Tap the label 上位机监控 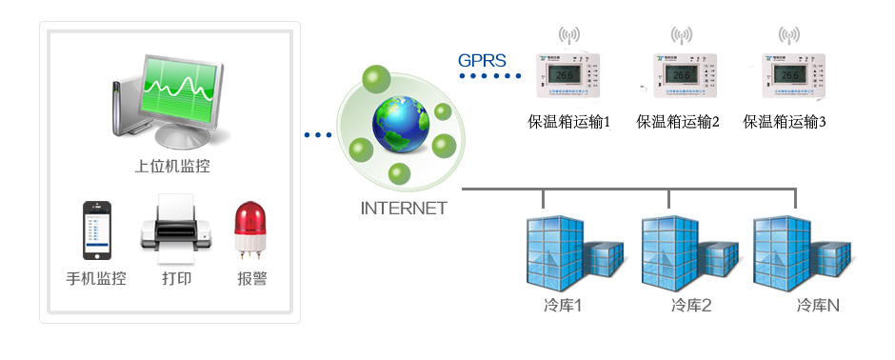point(172,168)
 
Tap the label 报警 point(252,279)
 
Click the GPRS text point(482,60)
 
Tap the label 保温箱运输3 point(784,123)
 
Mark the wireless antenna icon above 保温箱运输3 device point(788,35)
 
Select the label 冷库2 point(691,307)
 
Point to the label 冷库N point(818,307)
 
